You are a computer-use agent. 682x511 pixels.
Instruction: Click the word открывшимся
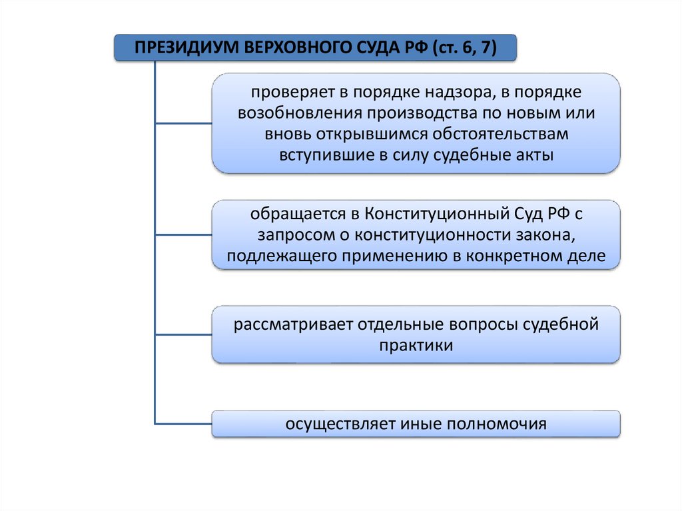tap(353, 133)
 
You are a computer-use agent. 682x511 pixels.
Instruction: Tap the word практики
tap(416, 346)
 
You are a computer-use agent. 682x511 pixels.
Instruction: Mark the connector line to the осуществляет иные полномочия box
tap(183, 423)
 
